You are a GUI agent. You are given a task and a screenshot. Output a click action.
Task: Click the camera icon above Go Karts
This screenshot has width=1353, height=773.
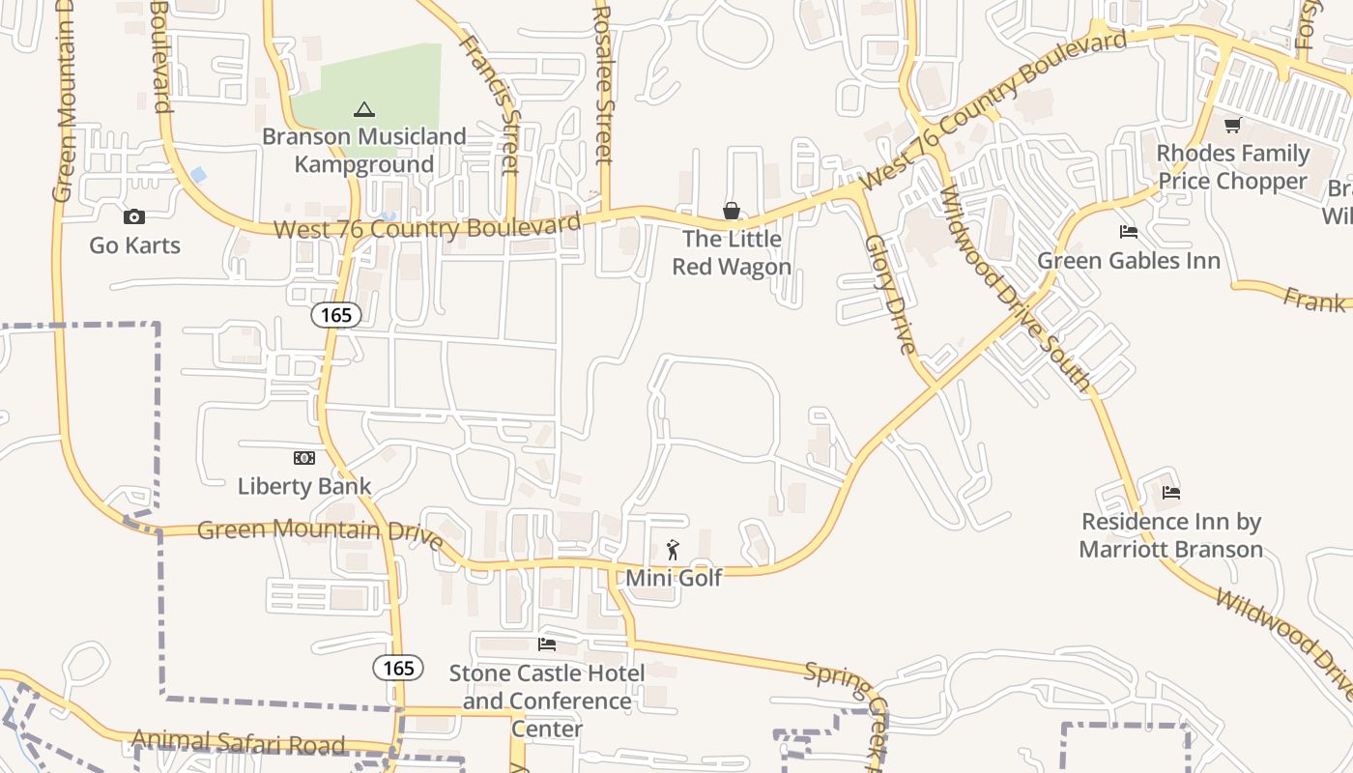134,216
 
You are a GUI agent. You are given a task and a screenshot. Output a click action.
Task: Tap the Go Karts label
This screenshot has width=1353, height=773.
134,245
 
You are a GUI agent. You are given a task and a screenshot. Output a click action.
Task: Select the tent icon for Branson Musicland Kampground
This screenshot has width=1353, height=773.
363,109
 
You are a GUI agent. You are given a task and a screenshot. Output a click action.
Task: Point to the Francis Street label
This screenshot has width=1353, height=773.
490,103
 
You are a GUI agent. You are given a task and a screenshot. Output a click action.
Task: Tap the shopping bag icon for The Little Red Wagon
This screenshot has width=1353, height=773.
732,211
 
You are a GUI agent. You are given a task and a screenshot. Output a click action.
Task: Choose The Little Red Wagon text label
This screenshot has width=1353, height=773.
732,252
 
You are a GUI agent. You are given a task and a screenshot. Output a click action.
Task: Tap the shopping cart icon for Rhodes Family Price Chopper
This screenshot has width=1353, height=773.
1232,126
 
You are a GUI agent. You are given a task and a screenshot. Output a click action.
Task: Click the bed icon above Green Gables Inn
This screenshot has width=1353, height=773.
1128,232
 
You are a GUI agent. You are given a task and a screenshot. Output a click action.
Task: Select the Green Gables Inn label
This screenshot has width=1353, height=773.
1128,261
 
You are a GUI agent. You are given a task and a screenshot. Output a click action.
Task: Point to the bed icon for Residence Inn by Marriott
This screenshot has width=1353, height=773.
1171,493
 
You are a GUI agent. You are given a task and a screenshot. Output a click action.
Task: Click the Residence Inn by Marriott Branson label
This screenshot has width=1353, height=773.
1171,535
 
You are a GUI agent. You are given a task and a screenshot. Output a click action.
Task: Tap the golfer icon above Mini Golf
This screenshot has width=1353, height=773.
674,551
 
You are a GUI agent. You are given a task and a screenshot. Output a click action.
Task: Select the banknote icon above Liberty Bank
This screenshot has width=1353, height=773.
304,458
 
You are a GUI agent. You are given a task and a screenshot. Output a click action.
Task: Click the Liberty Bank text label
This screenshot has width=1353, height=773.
304,486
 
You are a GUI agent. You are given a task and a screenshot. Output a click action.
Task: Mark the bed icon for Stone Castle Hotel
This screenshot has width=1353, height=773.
547,644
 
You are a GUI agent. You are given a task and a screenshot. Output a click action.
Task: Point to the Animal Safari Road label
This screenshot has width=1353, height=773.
238,743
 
